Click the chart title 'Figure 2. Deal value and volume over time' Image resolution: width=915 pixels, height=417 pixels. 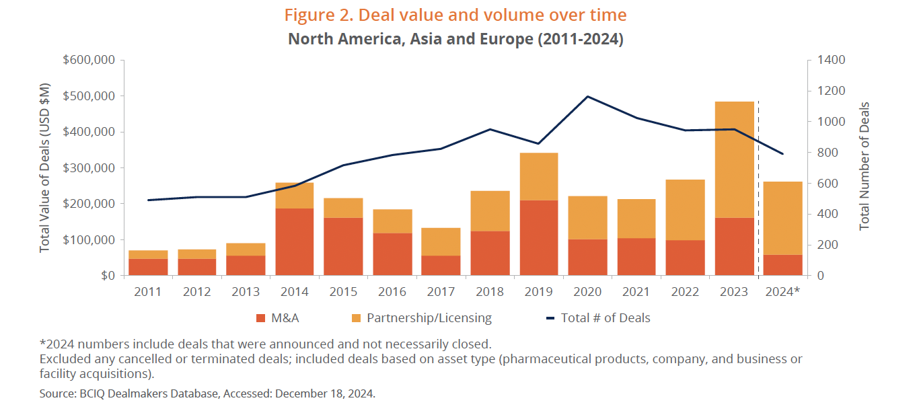[456, 15]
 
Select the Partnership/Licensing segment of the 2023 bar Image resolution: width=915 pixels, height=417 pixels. [734, 159]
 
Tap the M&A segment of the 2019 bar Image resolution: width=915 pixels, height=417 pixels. [538, 237]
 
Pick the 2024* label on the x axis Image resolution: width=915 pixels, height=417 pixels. [783, 292]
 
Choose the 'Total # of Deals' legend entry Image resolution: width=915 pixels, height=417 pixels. [597, 318]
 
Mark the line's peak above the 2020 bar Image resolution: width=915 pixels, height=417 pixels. [587, 96]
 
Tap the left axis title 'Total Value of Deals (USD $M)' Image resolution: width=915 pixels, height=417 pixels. [45, 167]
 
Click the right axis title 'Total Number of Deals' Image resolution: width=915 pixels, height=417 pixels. [865, 166]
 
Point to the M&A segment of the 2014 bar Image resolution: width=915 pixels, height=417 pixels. [294, 241]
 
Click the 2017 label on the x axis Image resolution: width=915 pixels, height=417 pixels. [441, 292]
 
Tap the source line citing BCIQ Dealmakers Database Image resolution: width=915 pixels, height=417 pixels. [207, 394]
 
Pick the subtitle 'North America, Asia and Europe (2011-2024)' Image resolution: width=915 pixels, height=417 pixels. [455, 39]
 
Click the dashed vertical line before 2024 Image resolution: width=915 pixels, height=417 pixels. [759, 188]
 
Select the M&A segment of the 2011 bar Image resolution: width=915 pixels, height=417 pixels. [147, 267]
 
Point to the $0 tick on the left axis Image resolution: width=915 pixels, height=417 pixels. [108, 276]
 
